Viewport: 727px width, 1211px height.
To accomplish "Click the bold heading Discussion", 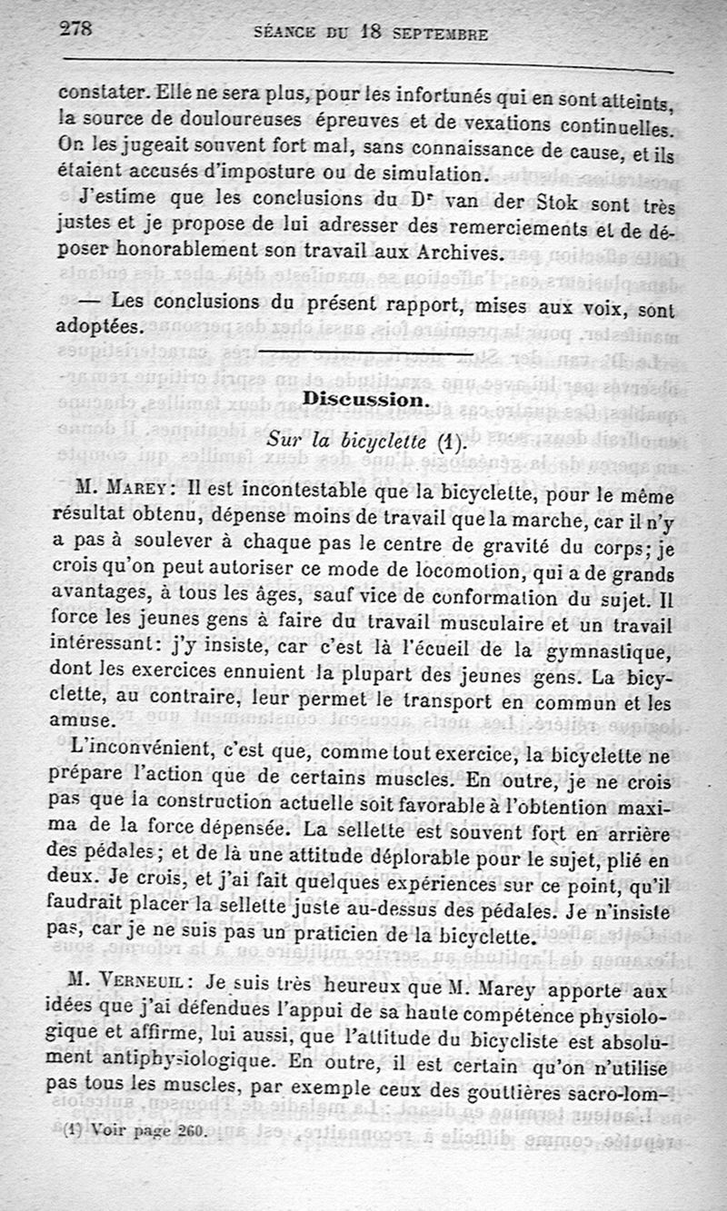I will coord(361,399).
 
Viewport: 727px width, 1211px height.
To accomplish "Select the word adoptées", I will coord(100,324).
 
